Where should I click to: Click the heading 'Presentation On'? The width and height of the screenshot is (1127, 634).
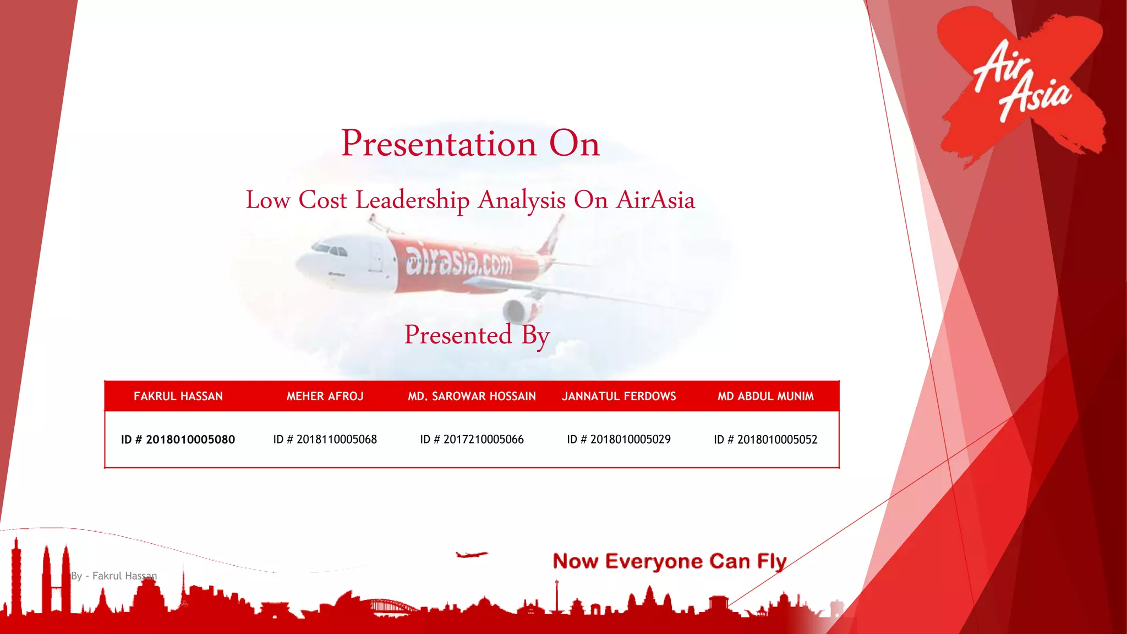pos(470,144)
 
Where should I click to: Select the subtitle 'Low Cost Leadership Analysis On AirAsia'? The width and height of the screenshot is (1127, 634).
pos(470,200)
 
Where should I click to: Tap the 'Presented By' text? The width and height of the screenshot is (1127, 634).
pos(477,335)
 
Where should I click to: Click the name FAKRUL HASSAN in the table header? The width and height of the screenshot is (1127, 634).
pos(178,396)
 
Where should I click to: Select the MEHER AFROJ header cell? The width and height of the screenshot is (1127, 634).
pos(325,396)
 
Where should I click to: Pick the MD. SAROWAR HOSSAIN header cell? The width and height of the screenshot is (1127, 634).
pos(472,396)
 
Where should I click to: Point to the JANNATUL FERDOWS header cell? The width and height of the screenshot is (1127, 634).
pos(619,396)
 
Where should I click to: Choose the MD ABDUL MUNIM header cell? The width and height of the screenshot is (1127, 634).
pos(765,396)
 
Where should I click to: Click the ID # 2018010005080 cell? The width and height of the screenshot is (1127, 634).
pos(178,440)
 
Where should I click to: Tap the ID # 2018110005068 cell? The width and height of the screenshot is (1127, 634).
pos(325,440)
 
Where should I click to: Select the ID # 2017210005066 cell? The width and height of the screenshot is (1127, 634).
pos(472,440)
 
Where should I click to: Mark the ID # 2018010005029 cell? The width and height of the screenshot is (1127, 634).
pos(619,440)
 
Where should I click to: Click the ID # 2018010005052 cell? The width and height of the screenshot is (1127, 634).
pos(765,440)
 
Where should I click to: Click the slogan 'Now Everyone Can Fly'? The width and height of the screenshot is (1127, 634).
pos(669,561)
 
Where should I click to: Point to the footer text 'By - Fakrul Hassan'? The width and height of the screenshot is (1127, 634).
pos(114,576)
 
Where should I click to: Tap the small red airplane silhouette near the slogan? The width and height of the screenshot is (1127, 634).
pos(471,554)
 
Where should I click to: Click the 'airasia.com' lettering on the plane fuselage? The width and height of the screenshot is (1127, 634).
pos(458,261)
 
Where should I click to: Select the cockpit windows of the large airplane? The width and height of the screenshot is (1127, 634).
pos(330,250)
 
